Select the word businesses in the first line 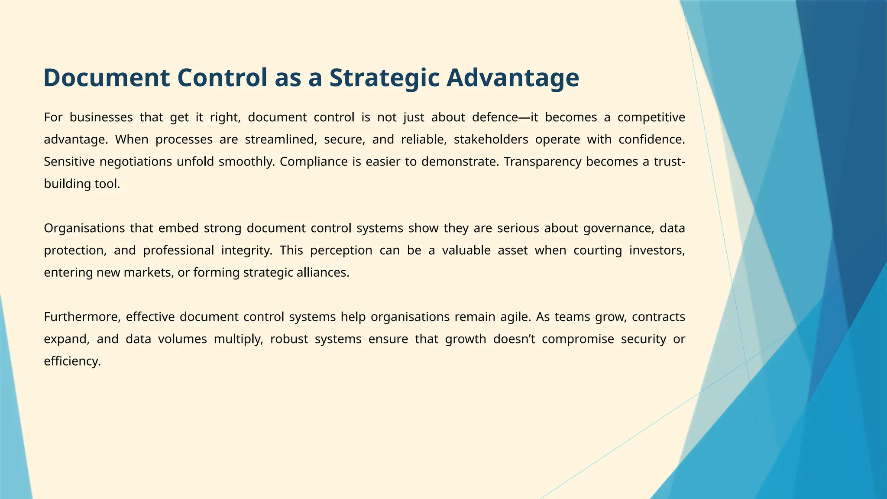101,117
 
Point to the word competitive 651,117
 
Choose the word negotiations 136,162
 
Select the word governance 618,228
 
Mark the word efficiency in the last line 72,361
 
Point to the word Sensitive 69,162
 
